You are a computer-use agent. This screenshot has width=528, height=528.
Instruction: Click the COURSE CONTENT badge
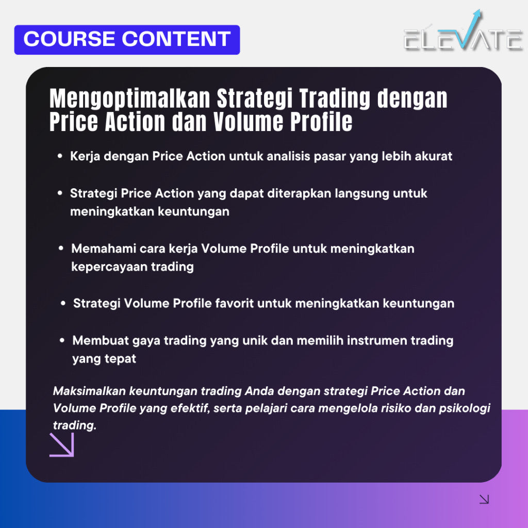point(127,40)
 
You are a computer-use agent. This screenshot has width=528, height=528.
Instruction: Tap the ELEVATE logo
point(463,38)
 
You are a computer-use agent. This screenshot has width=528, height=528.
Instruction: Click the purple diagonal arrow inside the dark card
point(62,444)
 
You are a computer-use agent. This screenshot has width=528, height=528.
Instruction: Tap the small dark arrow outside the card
point(484,499)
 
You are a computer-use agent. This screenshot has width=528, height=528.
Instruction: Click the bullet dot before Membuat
point(62,340)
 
